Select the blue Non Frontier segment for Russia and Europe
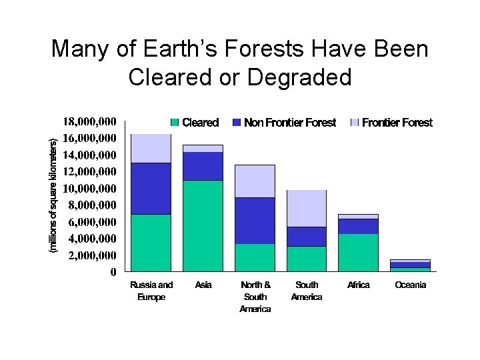151,188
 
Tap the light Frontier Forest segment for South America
307,208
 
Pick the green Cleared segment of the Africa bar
359,252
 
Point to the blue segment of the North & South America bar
255,220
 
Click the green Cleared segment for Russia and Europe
151,243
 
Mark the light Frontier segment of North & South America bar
255,181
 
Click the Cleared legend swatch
175,123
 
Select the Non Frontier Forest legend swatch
237,123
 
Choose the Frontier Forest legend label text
397,123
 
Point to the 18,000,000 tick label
89,122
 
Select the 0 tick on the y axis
113,272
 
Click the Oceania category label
411,285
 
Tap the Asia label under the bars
203,285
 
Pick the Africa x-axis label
359,285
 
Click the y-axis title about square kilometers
54,195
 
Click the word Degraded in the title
299,77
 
